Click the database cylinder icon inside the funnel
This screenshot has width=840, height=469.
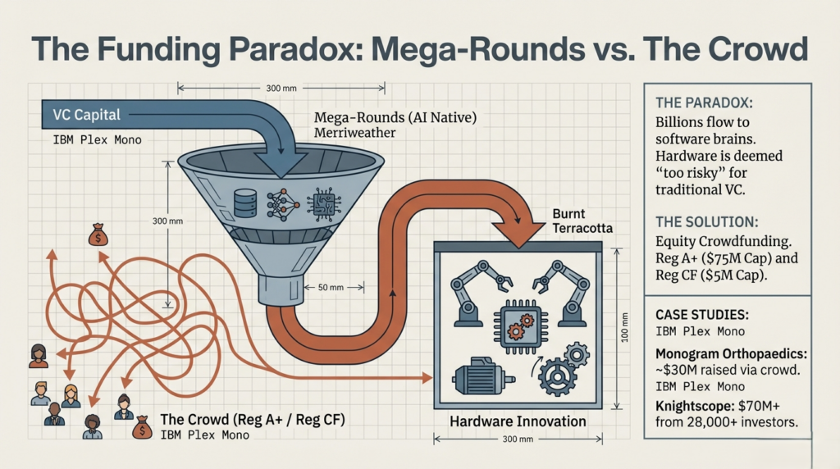point(244,203)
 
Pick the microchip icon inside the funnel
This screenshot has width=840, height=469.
point(321,203)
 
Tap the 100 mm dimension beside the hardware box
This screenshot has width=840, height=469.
point(625,328)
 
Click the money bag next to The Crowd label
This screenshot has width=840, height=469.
point(141,426)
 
